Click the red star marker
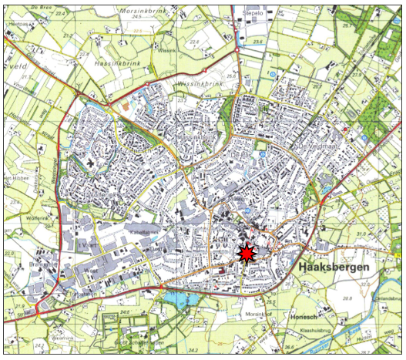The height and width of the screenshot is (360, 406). click(x=246, y=254)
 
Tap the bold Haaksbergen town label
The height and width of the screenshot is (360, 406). click(x=333, y=267)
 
